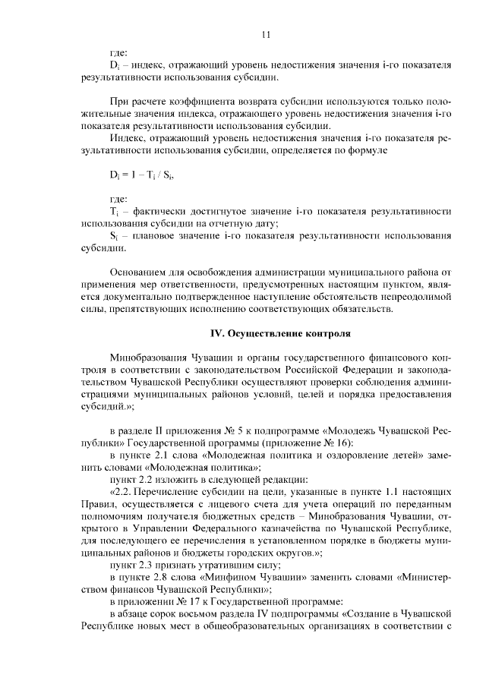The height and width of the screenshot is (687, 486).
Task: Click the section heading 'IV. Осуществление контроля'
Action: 280,333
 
